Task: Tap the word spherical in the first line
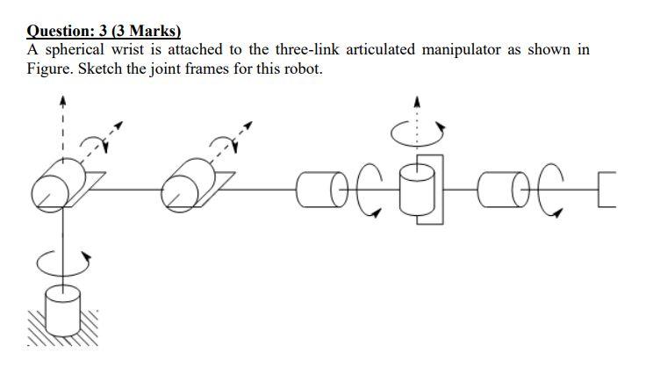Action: [x=75, y=50]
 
